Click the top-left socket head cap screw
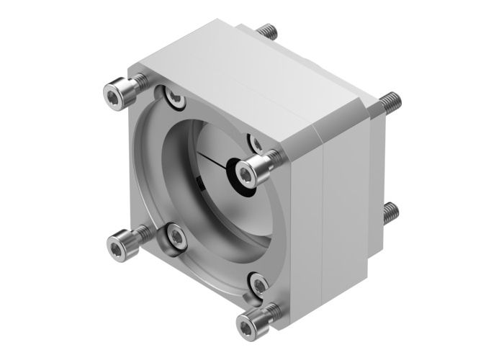[x=116, y=93]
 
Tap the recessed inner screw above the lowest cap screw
[x=257, y=281]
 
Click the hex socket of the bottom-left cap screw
[x=115, y=248]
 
